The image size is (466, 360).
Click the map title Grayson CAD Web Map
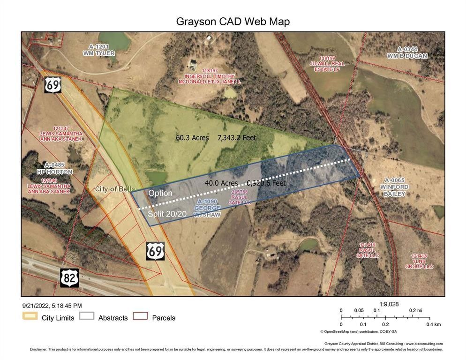pyautogui.click(x=233, y=22)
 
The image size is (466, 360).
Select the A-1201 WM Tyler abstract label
pyautogui.click(x=98, y=50)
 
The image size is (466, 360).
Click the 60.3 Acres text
pyautogui.click(x=192, y=138)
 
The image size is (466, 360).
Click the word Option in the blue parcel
pyautogui.click(x=160, y=193)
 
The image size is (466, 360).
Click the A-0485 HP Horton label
pyautogui.click(x=59, y=168)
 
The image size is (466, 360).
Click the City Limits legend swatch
pyautogui.click(x=30, y=317)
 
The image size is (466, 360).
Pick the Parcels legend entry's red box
pyautogui.click(x=141, y=317)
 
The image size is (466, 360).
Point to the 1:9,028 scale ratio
pyautogui.click(x=389, y=304)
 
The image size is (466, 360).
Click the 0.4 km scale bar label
pyautogui.click(x=433, y=324)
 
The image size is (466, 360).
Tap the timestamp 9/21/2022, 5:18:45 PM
pyautogui.click(x=52, y=306)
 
